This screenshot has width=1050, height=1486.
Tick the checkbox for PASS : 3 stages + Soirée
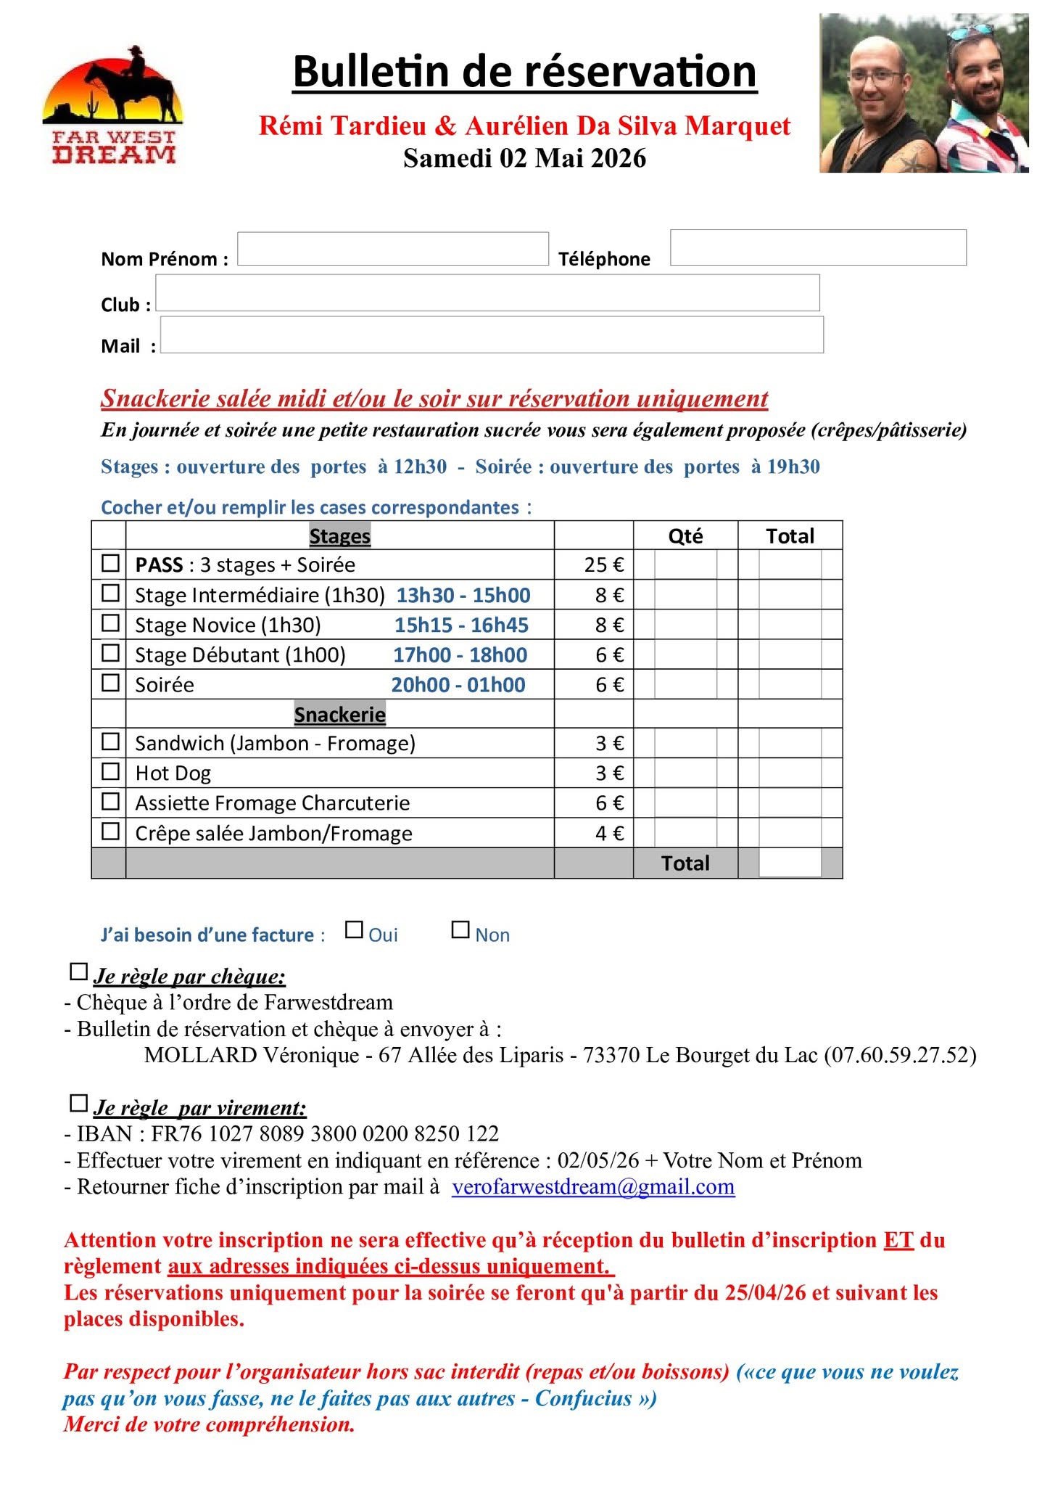tap(110, 564)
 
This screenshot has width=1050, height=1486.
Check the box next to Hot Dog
tap(110, 771)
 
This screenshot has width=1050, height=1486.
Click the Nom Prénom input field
tap(392, 249)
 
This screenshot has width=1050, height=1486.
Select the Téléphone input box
tap(817, 247)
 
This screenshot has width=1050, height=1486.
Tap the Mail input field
tap(491, 334)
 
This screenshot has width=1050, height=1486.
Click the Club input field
tap(487, 292)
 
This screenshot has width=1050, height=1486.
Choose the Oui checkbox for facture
tap(354, 929)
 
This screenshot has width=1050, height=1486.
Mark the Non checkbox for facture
tap(460, 929)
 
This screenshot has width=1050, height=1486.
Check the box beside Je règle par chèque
tap(78, 972)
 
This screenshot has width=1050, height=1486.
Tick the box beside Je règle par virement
tap(78, 1104)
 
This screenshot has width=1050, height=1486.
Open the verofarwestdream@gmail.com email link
tap(592, 1187)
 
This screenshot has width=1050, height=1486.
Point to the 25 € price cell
tap(603, 565)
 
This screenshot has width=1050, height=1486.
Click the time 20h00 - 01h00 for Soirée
tap(458, 685)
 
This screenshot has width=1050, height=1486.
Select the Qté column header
tap(685, 536)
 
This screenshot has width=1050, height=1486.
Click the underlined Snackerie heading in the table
tap(339, 715)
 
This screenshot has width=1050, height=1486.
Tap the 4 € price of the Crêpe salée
tap(609, 834)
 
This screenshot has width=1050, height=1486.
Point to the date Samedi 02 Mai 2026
tap(524, 158)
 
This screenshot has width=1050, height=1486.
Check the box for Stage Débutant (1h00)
tap(110, 653)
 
